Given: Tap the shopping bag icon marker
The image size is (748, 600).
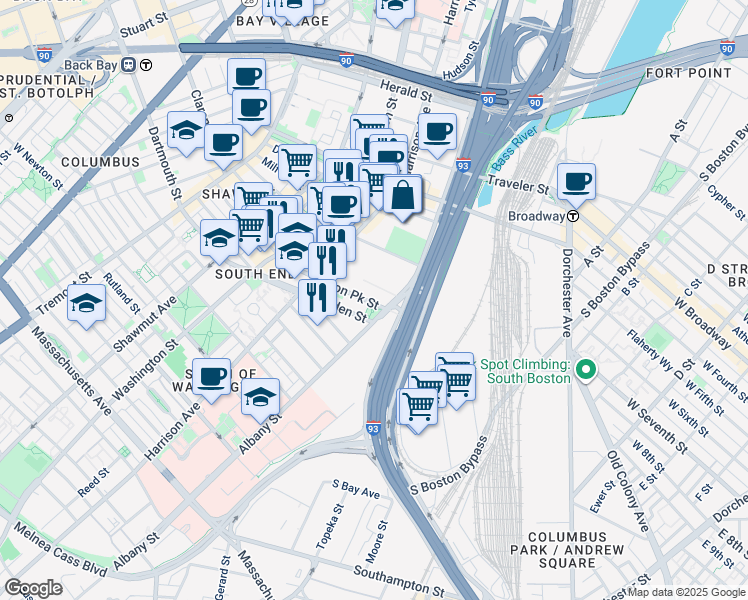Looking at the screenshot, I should pos(402,195).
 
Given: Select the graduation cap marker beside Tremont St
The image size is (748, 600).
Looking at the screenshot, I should pos(87,304).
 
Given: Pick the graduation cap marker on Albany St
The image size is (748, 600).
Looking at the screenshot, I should pos(260,398).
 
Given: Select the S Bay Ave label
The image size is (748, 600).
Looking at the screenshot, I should pos(357,490).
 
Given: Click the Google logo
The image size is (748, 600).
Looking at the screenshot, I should pos(33,587).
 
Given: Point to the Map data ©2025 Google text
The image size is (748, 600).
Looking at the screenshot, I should pos(685,592).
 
